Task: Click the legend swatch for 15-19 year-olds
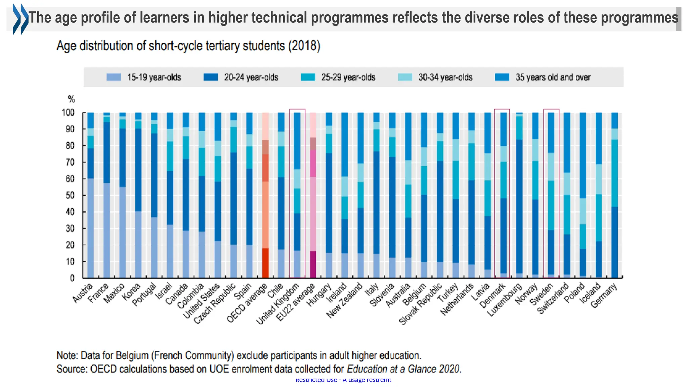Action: click(x=113, y=77)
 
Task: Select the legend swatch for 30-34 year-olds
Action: click(x=405, y=77)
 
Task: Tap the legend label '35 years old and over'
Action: click(x=553, y=77)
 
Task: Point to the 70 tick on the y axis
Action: click(x=70, y=162)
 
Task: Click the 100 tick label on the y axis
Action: click(x=68, y=113)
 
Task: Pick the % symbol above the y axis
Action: click(x=71, y=99)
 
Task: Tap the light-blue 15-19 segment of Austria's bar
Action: click(x=90, y=228)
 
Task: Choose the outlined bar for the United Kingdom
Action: click(x=297, y=195)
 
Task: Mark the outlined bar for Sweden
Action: click(x=551, y=195)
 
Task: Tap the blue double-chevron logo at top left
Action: click(x=20, y=19)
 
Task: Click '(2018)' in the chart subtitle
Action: click(x=304, y=46)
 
